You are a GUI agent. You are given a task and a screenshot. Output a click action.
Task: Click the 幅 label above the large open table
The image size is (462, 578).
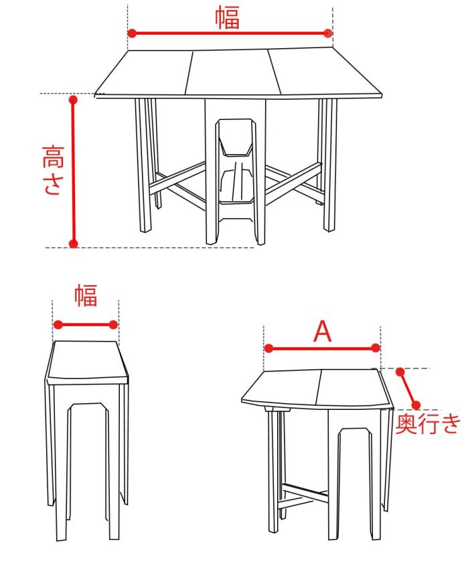228,18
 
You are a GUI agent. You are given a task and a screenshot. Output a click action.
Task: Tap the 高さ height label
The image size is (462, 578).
52,170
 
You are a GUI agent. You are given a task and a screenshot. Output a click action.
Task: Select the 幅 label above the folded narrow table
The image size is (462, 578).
86,295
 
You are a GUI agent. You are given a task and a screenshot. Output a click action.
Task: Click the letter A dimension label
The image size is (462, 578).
323,332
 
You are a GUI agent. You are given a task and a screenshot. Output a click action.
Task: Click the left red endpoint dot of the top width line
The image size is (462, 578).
132,33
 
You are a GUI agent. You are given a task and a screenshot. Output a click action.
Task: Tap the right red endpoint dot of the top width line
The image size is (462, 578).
327,33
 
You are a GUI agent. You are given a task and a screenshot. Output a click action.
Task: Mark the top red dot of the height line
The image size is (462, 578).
74,100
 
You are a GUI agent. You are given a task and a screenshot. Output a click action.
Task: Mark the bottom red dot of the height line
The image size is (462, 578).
74,244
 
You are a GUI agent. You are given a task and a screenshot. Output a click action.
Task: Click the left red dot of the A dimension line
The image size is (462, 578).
268,348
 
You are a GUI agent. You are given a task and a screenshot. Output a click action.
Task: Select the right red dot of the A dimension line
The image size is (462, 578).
376,348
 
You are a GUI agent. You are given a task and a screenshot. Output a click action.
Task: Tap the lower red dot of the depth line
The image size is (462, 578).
416,405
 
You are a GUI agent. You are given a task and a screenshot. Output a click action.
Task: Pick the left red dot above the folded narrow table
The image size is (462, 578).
58,325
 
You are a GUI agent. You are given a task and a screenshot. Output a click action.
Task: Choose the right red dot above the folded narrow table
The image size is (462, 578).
114,325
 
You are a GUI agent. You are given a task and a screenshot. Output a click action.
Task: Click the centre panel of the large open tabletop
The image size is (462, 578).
231,72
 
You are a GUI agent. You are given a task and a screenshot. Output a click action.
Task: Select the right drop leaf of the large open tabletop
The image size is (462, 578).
321,72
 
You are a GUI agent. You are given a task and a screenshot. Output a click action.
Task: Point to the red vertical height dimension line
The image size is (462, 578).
74,171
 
